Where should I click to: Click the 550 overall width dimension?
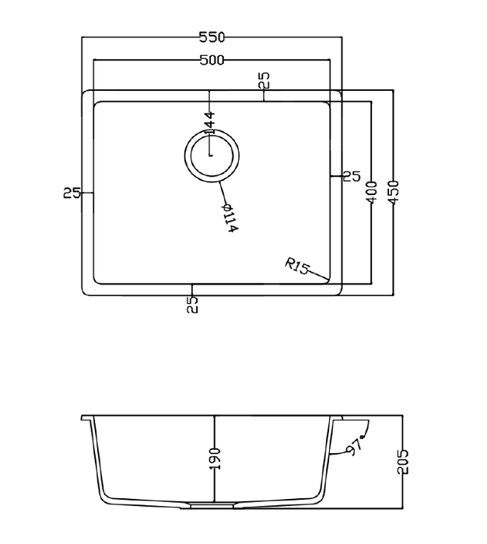(212, 37)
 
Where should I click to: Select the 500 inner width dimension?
(212, 61)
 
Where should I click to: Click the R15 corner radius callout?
(296, 267)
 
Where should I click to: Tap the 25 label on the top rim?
(265, 80)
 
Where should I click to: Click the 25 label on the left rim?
(72, 193)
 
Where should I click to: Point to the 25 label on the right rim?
(352, 177)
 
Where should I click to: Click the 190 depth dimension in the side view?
(215, 459)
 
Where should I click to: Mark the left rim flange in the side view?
(87, 418)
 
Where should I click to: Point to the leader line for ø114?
(223, 190)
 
